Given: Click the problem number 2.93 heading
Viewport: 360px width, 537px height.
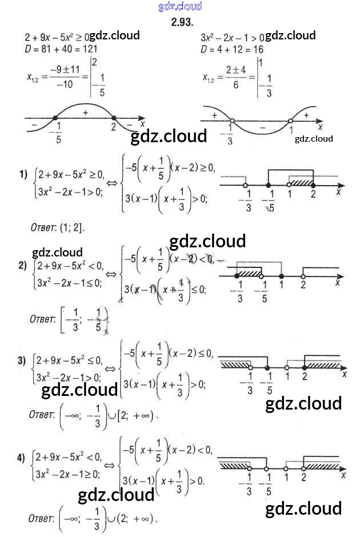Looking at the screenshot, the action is point(181,22).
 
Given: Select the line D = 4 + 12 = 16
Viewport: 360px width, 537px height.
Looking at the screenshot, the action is point(232,49).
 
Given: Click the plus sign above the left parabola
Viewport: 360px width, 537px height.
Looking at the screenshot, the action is point(85,113).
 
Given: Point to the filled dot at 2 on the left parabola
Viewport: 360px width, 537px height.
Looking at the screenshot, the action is point(113,118).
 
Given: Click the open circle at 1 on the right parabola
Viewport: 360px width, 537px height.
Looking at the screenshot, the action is point(291,121).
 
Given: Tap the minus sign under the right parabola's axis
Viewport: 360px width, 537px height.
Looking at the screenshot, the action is point(262,127).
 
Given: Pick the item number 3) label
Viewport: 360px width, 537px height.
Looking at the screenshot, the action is point(23,360).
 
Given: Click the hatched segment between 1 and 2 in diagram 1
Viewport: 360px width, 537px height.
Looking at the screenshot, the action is point(301,183).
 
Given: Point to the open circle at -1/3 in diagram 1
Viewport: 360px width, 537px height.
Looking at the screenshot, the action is point(245,186).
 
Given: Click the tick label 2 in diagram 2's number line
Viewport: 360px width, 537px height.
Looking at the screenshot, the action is point(303,285).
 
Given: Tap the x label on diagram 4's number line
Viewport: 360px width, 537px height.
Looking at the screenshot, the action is point(344,475).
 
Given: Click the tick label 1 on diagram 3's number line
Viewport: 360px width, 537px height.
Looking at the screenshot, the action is point(287,376).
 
